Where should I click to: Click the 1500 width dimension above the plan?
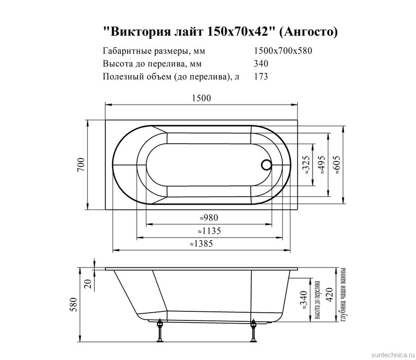202,99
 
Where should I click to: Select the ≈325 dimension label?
305,165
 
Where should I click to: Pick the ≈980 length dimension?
209,218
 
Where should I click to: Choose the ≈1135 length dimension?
209,231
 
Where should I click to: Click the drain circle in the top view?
266,165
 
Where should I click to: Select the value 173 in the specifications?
261,76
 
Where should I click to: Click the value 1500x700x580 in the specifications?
283,51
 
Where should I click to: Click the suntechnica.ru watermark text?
390,355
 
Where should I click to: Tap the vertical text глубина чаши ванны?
343,295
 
